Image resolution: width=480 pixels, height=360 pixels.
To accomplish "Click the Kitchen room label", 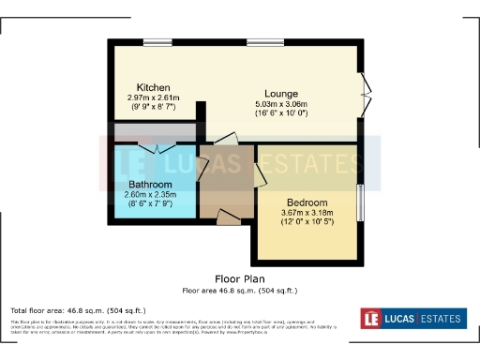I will click(153, 87).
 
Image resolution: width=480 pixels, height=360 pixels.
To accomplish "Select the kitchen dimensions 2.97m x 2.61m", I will click(153, 97).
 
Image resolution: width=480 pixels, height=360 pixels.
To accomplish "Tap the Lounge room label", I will click(281, 94).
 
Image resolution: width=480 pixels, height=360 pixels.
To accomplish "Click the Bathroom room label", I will click(150, 184).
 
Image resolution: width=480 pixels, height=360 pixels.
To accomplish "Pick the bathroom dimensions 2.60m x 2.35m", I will click(150, 194).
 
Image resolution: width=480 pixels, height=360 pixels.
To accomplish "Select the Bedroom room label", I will click(307, 202).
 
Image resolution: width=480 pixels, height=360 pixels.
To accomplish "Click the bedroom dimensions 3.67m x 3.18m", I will click(307, 213).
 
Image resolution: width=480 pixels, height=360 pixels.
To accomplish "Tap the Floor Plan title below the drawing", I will click(240, 278).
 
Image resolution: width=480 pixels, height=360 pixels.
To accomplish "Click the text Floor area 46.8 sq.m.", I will click(240, 291).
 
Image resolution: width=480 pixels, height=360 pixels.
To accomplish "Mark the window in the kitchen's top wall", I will click(157, 43).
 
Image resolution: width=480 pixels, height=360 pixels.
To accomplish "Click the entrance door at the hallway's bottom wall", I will click(228, 217).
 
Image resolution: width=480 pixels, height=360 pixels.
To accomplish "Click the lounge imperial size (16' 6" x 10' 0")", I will click(281, 112).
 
